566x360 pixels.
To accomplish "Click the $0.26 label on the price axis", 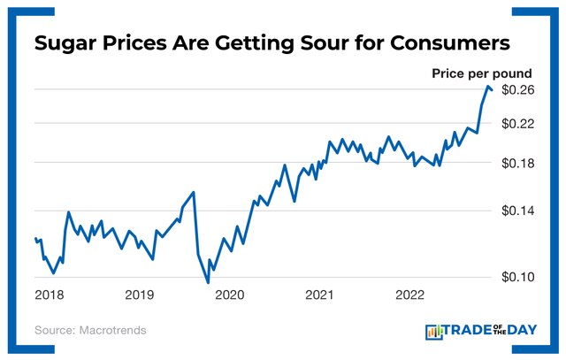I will [x=517, y=91].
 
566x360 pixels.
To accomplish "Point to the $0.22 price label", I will [x=517, y=125].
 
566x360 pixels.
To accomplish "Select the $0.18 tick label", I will [x=517, y=164].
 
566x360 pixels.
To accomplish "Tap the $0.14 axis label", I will [x=517, y=211].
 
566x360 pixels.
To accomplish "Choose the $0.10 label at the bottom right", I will [x=517, y=277].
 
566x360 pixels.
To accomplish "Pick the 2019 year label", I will [x=141, y=295].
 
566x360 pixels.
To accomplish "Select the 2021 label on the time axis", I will [x=319, y=295].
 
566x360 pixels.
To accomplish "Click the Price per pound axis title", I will [x=481, y=73].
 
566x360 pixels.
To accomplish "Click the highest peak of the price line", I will [x=488, y=86].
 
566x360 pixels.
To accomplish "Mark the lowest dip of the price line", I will [x=208, y=283].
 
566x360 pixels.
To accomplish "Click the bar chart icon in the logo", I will [x=433, y=331].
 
